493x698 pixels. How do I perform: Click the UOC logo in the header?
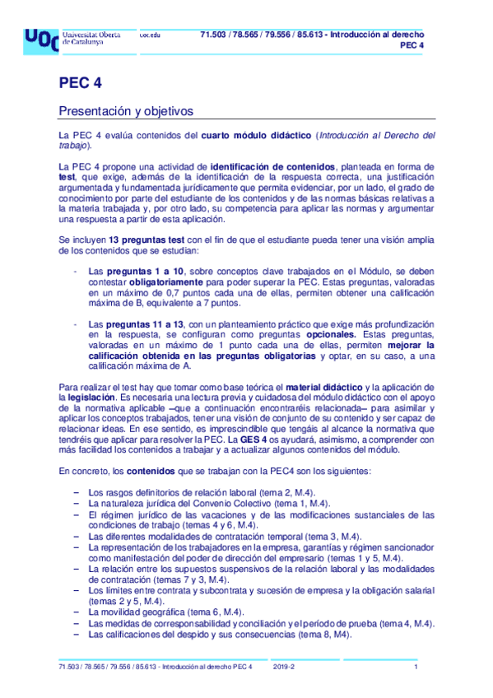point(40,40)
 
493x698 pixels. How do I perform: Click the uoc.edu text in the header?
point(149,35)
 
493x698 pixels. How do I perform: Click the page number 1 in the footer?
point(416,667)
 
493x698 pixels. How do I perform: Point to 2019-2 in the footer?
point(284,667)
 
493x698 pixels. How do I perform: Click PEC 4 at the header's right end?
point(412,46)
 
